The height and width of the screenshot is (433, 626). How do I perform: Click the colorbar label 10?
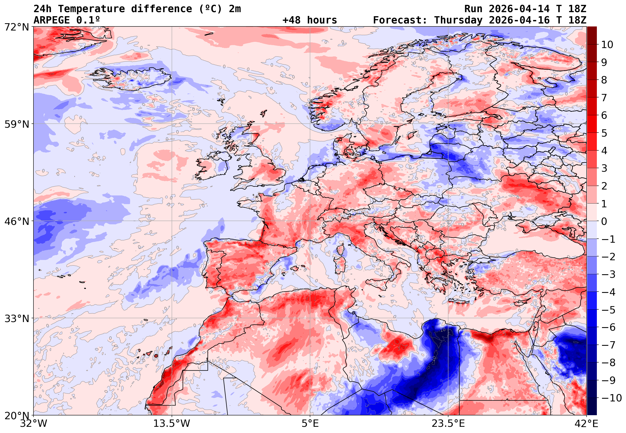607,45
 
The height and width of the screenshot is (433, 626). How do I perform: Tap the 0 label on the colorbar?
604,221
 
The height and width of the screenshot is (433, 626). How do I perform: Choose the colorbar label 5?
604,133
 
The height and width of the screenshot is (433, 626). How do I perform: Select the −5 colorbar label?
608,310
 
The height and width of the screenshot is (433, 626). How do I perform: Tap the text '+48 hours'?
309,20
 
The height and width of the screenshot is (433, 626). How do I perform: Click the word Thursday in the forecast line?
458,20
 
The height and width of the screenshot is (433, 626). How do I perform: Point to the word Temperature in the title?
91,9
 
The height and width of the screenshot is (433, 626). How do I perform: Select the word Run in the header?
473,9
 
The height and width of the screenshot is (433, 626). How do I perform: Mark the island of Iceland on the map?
133,79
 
